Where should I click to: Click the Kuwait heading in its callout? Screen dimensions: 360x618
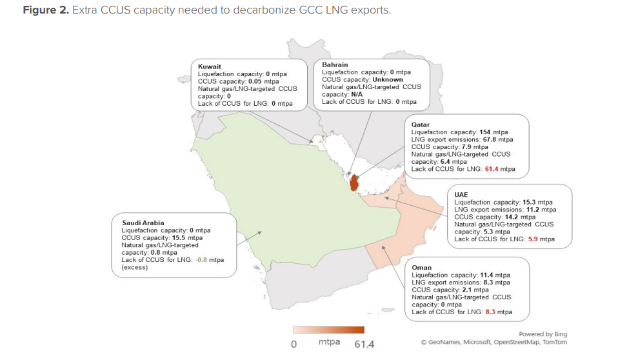coord(210,66)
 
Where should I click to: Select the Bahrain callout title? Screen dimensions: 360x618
coord(335,65)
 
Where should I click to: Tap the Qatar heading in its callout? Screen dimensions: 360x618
coord(421,124)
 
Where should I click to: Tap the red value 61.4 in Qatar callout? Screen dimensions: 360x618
coord(493,169)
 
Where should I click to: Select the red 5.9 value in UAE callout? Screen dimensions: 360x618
coord(533,239)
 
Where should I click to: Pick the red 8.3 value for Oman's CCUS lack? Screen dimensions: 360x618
coord(490,312)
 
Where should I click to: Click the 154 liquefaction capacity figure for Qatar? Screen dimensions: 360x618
coord(486,131)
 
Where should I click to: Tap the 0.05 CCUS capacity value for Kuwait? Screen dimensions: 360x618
coord(256,81)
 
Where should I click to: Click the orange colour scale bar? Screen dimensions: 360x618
coord(328,331)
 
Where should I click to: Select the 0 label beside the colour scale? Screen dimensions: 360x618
coord(294,344)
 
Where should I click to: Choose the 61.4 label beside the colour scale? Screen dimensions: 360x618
coord(364,344)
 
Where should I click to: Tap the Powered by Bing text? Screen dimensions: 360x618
coord(543,334)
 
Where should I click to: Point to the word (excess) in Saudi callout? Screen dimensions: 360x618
coord(135,267)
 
